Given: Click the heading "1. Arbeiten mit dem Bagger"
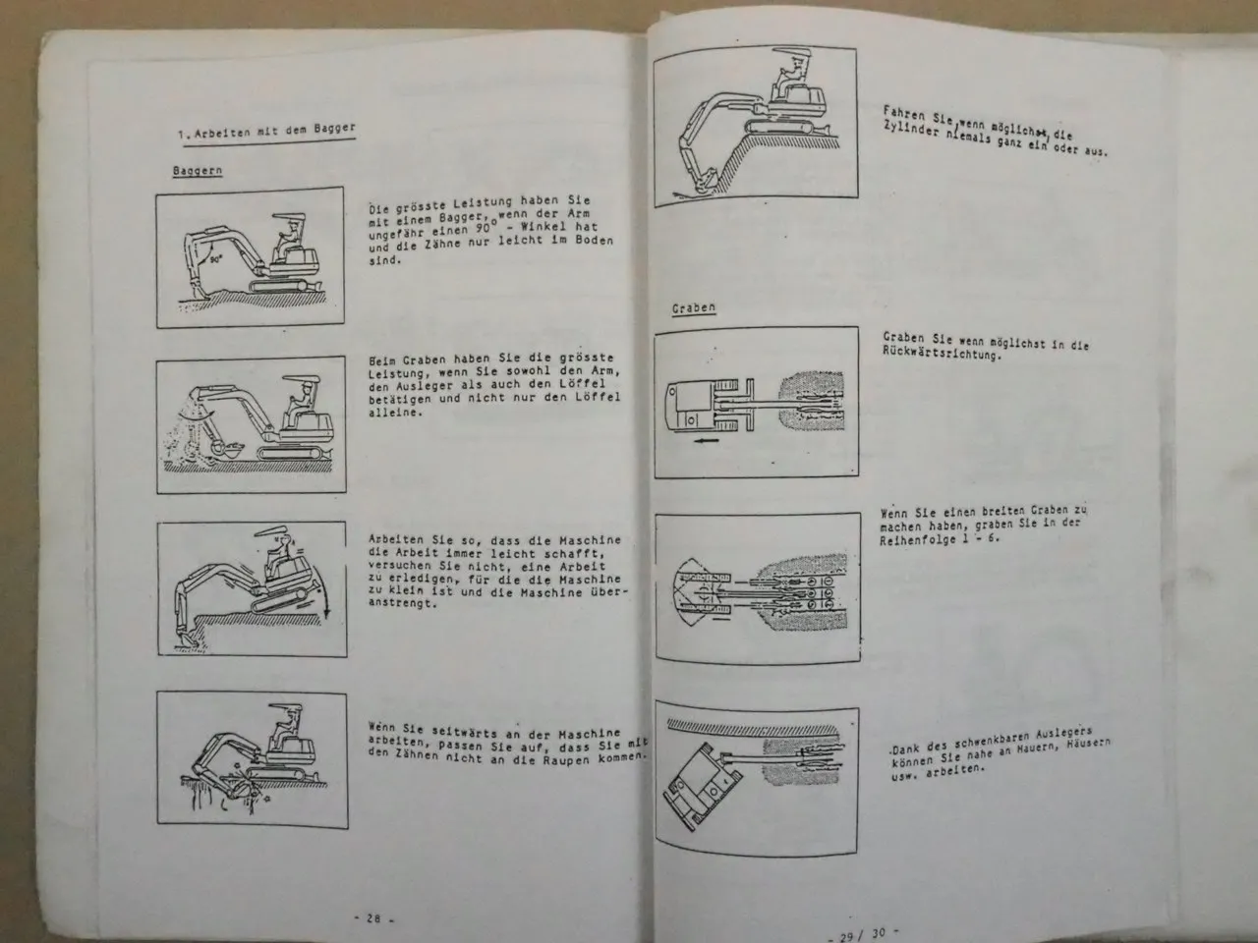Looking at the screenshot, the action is point(266,132).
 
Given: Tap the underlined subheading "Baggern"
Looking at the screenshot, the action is point(198,171).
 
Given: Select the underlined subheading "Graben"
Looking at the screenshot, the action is point(694,307).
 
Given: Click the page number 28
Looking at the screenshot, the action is point(373,918).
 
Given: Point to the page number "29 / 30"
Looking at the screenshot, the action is point(863,935).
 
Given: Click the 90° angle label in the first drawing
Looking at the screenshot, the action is point(215,259).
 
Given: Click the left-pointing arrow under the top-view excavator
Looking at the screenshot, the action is point(705,441).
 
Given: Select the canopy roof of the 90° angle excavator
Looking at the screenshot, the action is point(289,217).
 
